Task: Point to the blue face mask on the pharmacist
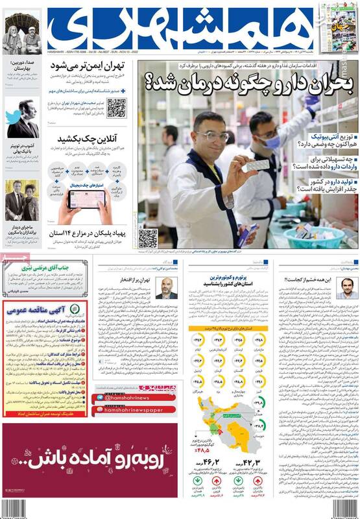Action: (272, 141)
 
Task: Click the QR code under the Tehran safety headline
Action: (116, 108)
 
